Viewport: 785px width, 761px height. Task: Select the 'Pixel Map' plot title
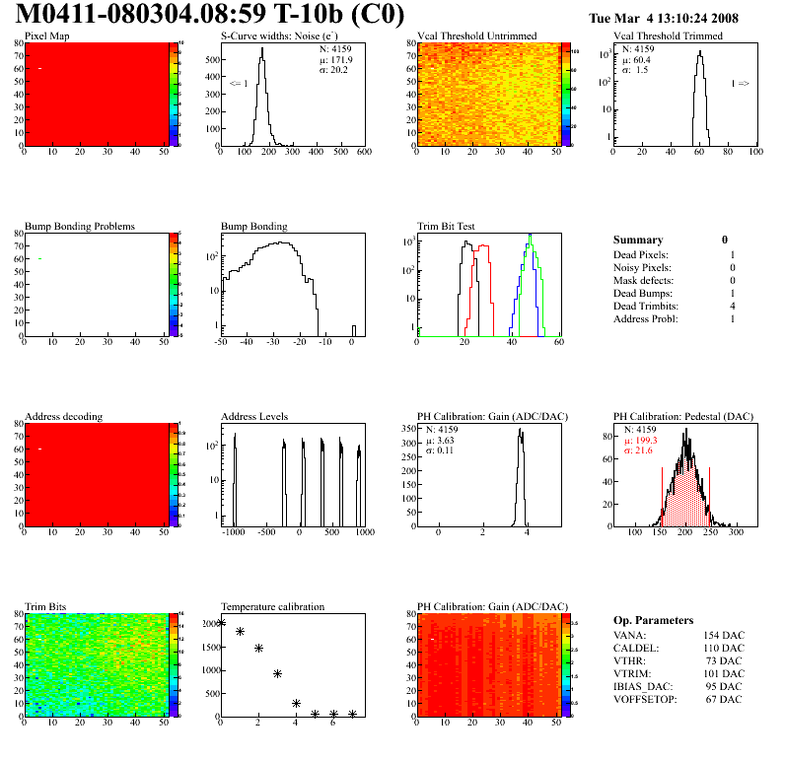click(46, 36)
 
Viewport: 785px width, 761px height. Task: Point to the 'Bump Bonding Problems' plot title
click(80, 227)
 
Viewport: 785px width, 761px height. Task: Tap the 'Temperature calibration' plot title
click(273, 606)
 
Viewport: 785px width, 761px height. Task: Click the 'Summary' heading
click(638, 240)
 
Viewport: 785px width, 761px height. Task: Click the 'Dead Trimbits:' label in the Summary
click(646, 307)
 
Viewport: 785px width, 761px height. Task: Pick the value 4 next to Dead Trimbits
click(732, 307)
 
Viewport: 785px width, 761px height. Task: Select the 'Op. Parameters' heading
click(653, 620)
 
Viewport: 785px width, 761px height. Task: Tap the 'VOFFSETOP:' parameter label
click(645, 700)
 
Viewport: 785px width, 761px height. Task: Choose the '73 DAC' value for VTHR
click(726, 661)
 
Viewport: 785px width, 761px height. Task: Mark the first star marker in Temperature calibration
click(221, 622)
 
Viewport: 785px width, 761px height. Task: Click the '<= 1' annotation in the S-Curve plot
click(239, 84)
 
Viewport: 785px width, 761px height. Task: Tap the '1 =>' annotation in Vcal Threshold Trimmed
click(740, 84)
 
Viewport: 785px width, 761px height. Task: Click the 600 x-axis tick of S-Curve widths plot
click(363, 153)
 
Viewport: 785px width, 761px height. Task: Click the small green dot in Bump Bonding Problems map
click(39, 258)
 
